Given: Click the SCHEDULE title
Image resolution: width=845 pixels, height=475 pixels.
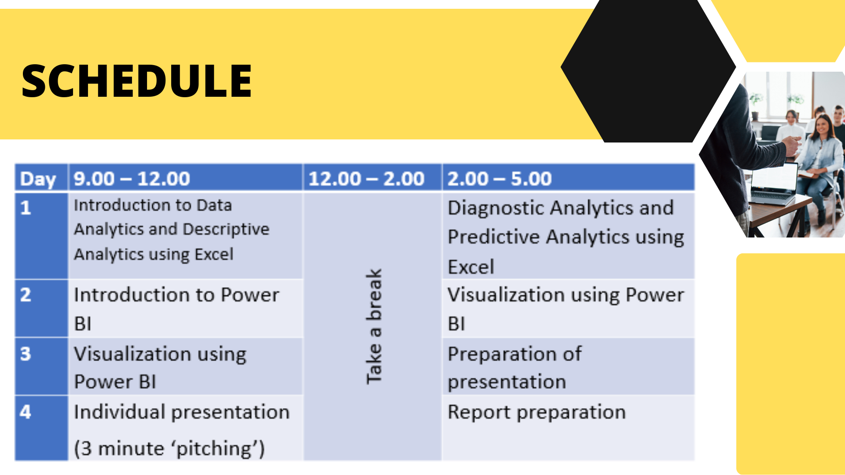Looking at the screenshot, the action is (136, 80).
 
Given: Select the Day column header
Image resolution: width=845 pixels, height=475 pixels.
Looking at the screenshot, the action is (38, 179).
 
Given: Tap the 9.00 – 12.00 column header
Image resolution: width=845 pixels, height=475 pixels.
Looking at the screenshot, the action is (132, 179).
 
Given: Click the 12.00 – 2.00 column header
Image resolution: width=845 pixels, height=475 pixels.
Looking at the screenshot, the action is (366, 179).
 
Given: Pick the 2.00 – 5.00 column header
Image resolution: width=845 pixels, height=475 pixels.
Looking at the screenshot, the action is (500, 179).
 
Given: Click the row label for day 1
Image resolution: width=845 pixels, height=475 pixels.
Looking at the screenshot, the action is (26, 208).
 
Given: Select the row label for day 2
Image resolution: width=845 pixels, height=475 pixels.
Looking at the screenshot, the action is (26, 295).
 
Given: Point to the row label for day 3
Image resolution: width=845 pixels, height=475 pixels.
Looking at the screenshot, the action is (26, 354).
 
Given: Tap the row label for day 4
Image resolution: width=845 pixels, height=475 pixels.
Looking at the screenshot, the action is (26, 412).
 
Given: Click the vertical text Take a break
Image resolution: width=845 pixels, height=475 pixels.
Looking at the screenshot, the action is (374, 326).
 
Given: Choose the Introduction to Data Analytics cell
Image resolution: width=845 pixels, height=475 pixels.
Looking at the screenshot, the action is (172, 230).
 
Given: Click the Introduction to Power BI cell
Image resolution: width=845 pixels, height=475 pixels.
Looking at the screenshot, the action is (176, 309).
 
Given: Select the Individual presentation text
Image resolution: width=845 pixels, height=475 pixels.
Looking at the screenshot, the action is (182, 412).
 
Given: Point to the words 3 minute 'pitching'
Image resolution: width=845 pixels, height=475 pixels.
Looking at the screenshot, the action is (169, 449).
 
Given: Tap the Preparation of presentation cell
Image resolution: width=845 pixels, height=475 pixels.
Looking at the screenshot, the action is (514, 368).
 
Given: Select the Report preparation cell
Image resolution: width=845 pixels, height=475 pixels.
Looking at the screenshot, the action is (536, 413).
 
